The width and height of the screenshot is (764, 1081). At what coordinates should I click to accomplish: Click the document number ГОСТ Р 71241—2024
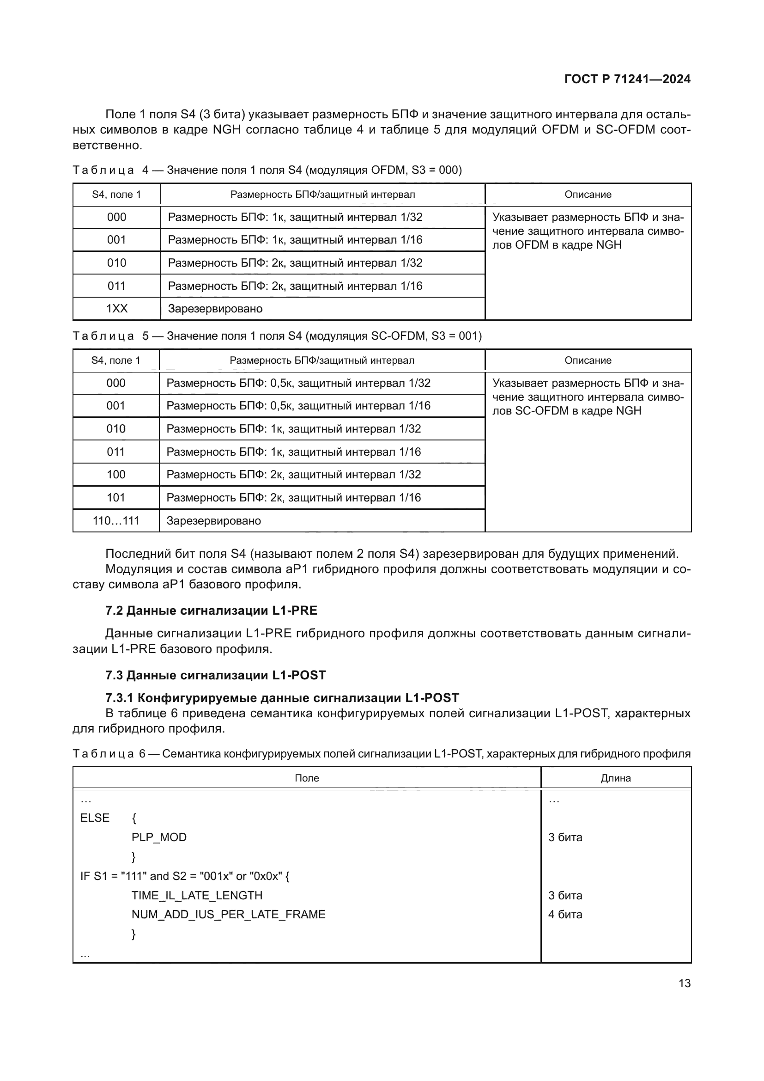click(x=627, y=79)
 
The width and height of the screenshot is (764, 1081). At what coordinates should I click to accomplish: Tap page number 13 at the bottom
click(x=685, y=983)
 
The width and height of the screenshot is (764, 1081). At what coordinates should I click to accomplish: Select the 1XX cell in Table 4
click(x=117, y=309)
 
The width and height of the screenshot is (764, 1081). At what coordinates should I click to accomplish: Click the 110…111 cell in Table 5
click(x=116, y=521)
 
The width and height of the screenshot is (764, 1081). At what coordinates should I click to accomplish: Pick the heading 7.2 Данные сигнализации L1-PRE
click(x=211, y=611)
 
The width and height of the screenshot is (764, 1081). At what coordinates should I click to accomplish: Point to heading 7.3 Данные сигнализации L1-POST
click(x=215, y=675)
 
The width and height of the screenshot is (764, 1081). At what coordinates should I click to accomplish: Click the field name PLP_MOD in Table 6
click(x=159, y=837)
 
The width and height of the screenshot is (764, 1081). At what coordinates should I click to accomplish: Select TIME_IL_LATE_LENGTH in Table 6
click(x=197, y=895)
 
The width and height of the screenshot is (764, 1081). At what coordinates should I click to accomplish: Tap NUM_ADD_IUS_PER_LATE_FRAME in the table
click(x=228, y=914)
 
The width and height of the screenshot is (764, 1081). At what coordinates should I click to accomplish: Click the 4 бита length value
click(x=565, y=914)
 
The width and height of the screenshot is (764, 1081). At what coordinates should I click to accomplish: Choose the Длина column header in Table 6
click(x=615, y=778)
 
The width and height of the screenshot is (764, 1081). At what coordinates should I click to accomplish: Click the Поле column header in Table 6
click(x=307, y=778)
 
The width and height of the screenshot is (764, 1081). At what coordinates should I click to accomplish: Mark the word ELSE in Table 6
click(x=95, y=818)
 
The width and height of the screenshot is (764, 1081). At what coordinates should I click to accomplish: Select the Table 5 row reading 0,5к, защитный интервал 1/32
click(x=298, y=383)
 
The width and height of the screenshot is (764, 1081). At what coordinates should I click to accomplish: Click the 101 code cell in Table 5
click(x=116, y=498)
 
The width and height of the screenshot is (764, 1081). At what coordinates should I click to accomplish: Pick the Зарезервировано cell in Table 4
click(x=215, y=309)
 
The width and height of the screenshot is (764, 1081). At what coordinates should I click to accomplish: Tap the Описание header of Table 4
click(x=588, y=195)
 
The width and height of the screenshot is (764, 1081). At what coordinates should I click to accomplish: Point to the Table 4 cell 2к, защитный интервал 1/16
click(x=295, y=286)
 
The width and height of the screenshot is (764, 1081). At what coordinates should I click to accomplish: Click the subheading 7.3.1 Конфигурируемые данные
click(x=282, y=698)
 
